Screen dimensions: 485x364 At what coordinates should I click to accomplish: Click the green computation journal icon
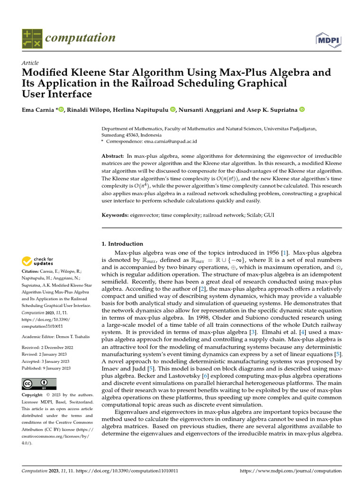(32, 39)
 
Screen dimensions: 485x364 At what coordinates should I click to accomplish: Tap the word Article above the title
(30, 63)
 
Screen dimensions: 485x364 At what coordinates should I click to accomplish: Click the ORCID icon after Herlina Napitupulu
(173, 110)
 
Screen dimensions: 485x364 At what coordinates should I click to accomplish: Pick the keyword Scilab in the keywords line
(253, 216)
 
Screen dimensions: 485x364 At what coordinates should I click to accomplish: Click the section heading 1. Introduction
(123, 244)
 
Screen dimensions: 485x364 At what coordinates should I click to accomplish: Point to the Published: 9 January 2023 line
(46, 368)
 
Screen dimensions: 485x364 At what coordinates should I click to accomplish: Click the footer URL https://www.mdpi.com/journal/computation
(291, 471)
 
